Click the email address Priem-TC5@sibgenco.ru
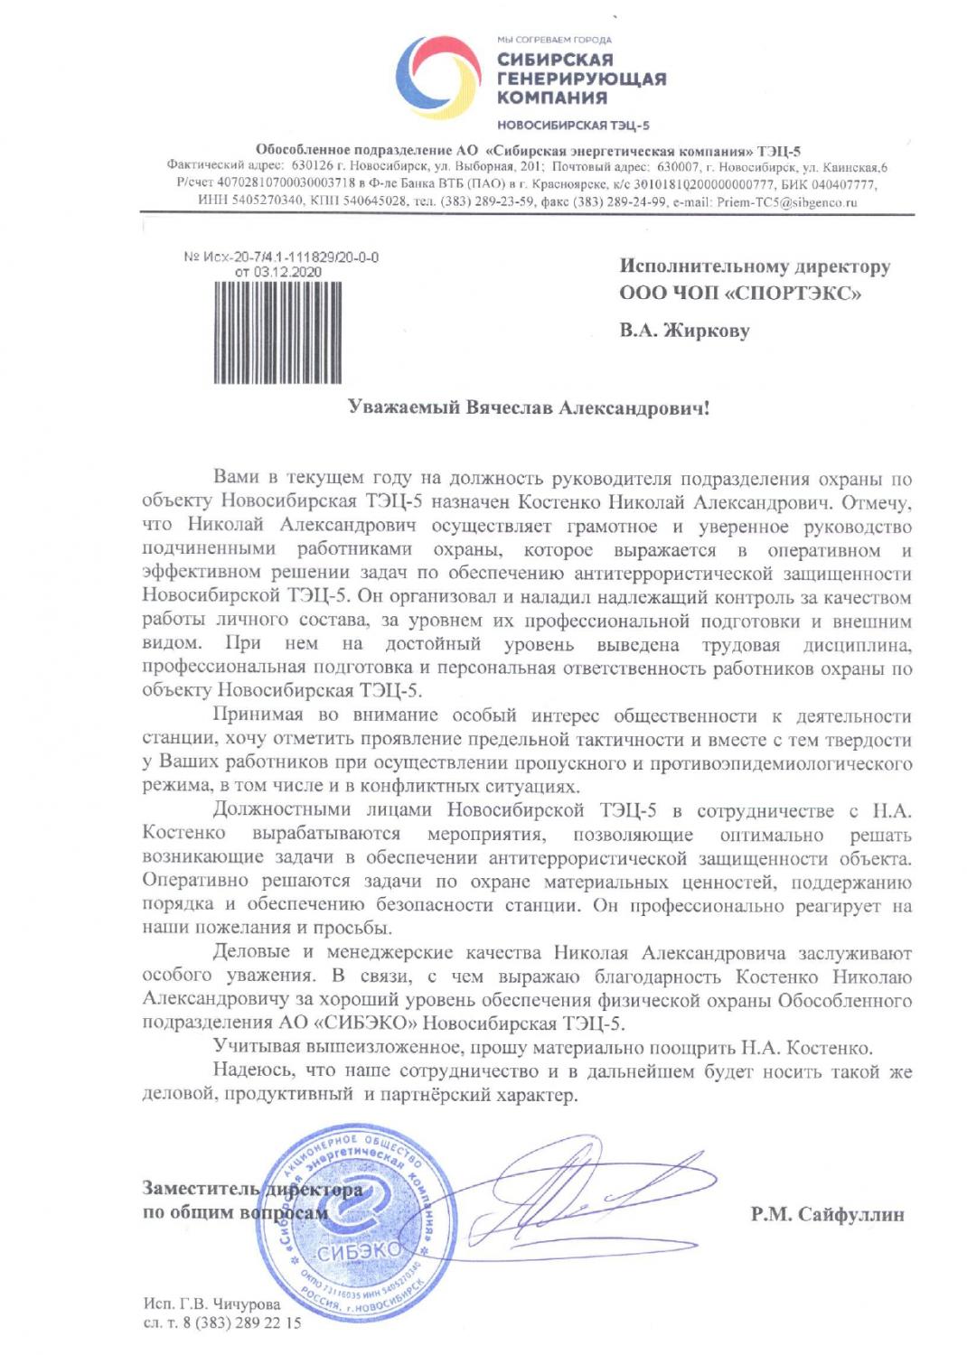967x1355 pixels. coord(786,202)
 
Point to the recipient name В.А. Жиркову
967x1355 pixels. coord(684,331)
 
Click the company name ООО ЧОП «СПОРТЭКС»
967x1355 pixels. coord(740,293)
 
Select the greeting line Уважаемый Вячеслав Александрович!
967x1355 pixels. coord(529,407)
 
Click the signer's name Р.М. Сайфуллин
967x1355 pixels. coord(827,1214)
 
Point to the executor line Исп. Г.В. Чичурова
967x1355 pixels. coord(211,1304)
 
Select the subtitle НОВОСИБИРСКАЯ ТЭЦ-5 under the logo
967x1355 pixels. coord(573,126)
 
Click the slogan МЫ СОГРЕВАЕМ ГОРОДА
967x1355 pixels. coord(554,40)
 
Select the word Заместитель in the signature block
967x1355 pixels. coord(201,1189)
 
